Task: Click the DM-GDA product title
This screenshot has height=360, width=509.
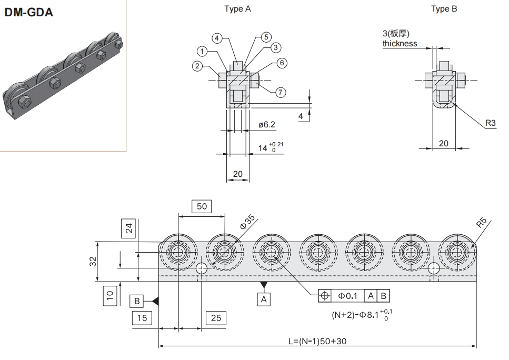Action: point(29,13)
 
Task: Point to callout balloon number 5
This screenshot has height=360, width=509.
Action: point(266,37)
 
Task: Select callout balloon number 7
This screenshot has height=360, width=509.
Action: point(281,92)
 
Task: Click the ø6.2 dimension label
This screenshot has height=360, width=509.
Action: point(267,125)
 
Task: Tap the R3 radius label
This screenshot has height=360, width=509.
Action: point(490,123)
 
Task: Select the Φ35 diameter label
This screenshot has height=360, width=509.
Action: point(247,221)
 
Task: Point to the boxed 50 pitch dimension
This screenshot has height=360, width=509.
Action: point(202,207)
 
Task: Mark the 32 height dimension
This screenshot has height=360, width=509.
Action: point(93,262)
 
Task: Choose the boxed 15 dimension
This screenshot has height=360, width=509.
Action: point(142,317)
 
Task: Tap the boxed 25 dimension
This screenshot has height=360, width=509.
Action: point(216,317)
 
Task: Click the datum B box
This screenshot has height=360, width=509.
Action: point(136,301)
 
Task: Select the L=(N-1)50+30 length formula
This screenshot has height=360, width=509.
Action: point(317,341)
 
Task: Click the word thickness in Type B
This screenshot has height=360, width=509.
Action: point(400,44)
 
